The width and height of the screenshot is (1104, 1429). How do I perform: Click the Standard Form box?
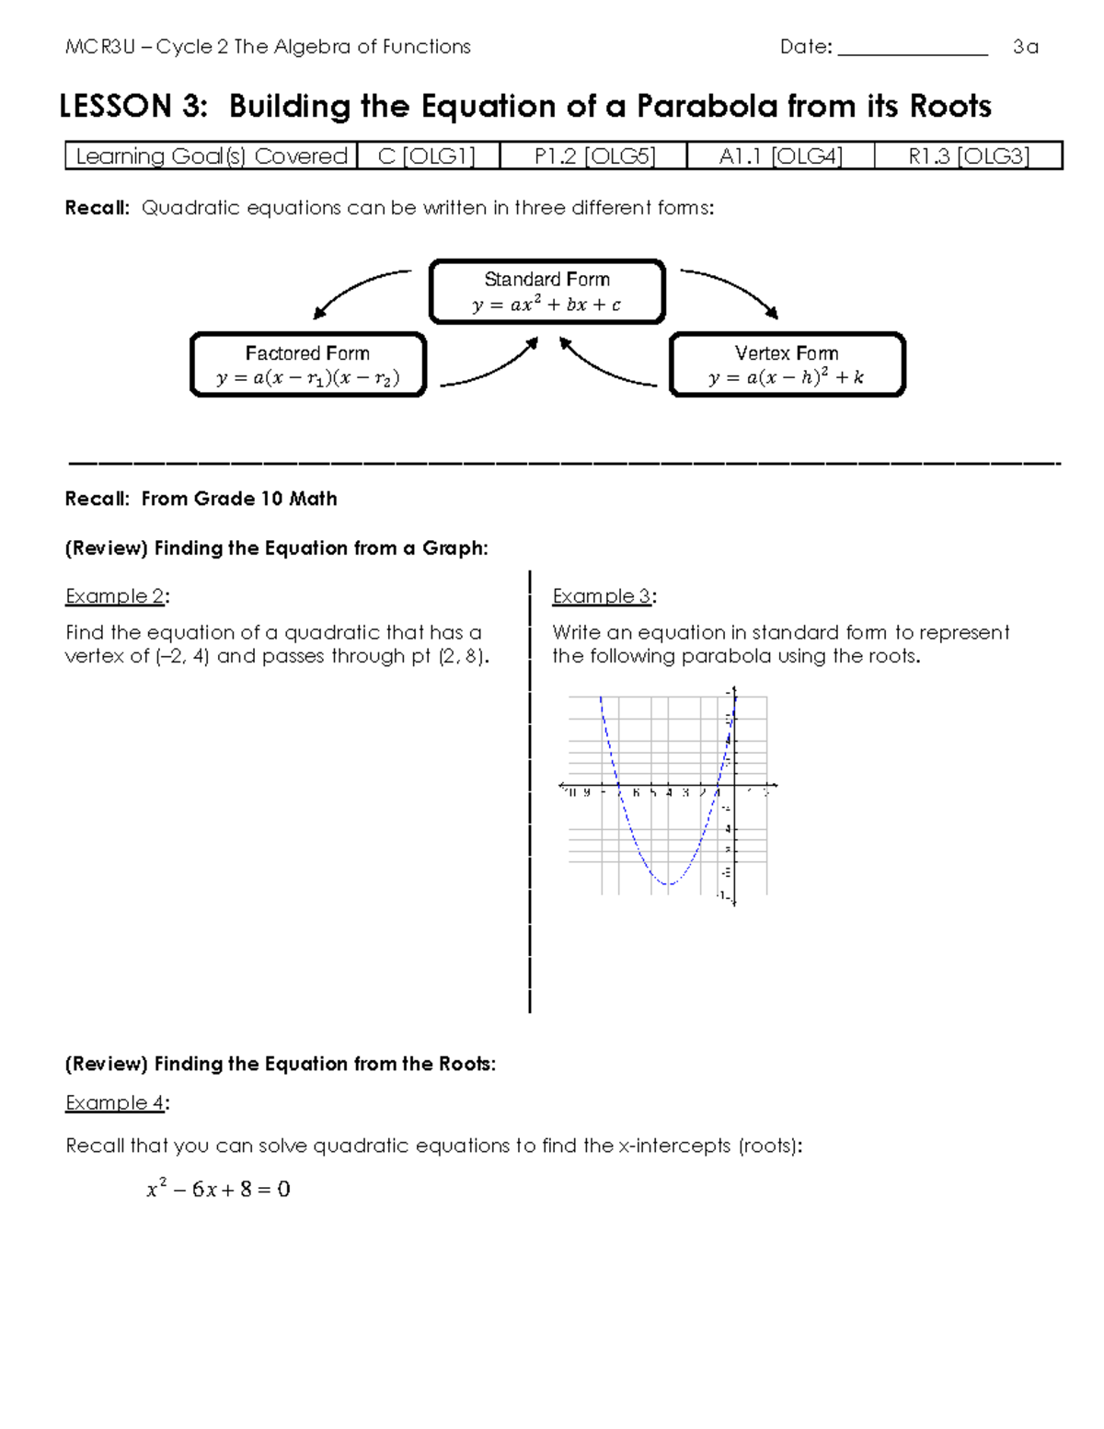(546, 292)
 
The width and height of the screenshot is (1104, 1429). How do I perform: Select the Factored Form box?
(308, 365)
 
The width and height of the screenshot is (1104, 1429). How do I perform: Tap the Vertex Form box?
(787, 365)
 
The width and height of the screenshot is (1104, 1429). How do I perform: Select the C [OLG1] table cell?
(427, 156)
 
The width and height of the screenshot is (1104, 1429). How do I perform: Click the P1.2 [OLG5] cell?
(594, 156)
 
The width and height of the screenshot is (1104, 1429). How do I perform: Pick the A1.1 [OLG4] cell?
(780, 156)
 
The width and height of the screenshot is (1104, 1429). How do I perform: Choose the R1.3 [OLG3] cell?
(968, 156)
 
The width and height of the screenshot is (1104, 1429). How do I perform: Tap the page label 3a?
(1025, 47)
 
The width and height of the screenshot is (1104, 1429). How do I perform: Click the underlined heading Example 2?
(115, 596)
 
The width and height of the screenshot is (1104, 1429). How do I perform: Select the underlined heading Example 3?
(602, 596)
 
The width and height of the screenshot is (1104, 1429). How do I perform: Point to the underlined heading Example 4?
(115, 1102)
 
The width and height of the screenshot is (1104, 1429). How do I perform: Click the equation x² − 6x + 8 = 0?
(218, 1189)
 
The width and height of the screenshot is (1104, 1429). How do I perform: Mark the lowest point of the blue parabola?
(669, 884)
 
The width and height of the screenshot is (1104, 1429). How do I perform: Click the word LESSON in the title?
(115, 107)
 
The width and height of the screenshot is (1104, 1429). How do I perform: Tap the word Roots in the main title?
(950, 107)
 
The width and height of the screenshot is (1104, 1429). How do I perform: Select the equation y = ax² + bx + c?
(546, 305)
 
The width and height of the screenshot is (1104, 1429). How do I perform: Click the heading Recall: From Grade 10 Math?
(201, 499)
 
